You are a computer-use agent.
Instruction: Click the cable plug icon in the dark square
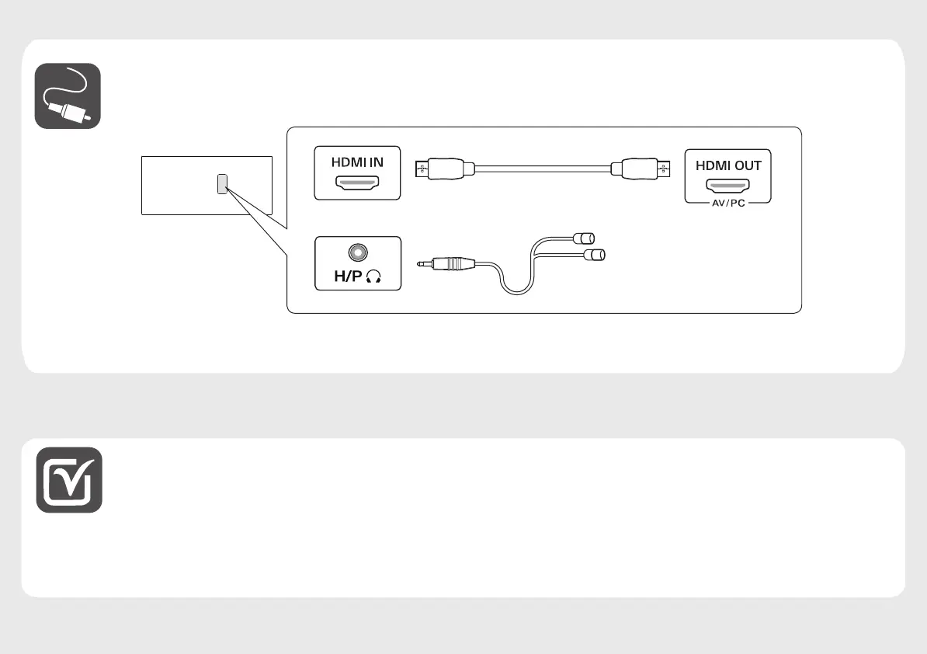[68, 96]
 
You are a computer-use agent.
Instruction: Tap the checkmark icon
[69, 479]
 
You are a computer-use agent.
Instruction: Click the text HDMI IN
[357, 163]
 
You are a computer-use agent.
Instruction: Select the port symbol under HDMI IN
[357, 183]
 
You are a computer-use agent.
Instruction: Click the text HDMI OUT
[728, 165]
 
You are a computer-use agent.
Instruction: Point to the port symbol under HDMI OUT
[728, 186]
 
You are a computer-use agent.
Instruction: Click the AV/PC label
[728, 203]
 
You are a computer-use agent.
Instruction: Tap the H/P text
[342, 277]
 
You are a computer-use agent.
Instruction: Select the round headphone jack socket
[358, 252]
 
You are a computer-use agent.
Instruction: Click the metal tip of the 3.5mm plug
[424, 264]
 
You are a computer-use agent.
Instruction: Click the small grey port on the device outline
[222, 183]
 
